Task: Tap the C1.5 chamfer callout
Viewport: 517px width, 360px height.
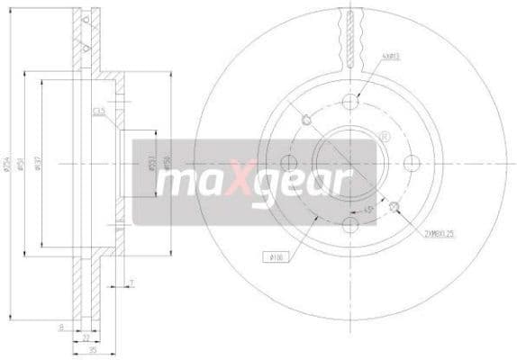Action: click(98, 112)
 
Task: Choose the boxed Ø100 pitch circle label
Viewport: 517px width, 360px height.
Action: click(274, 260)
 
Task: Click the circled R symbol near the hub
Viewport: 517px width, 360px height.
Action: click(385, 137)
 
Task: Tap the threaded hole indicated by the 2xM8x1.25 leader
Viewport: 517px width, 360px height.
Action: click(395, 206)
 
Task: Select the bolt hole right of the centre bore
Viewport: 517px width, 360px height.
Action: click(413, 163)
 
